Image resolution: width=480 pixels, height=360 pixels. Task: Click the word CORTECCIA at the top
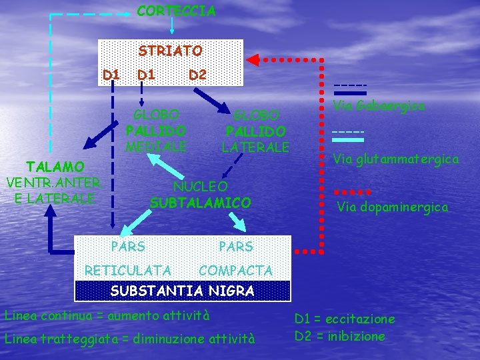176,11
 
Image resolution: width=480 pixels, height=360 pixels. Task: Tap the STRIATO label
170,51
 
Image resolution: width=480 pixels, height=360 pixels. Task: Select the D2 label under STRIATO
197,75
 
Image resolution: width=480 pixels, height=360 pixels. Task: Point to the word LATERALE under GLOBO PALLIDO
255,147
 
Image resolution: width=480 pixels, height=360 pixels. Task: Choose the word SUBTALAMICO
200,202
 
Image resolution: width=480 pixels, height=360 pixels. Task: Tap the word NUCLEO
200,186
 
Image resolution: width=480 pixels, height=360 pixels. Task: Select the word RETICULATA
128,270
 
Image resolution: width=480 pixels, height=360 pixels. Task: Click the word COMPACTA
235,270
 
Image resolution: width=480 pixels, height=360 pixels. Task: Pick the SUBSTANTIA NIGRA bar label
182,291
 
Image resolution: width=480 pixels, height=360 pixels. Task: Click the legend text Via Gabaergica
379,105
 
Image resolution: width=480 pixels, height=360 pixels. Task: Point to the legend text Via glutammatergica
395,159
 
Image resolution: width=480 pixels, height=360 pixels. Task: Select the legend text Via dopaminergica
392,207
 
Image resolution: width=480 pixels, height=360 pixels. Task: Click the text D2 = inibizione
339,336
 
